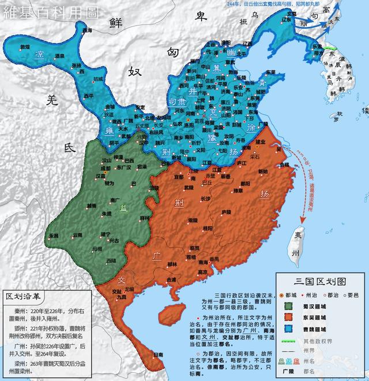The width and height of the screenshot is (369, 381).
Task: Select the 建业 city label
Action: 261,142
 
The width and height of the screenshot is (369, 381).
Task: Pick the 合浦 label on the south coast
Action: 171,279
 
